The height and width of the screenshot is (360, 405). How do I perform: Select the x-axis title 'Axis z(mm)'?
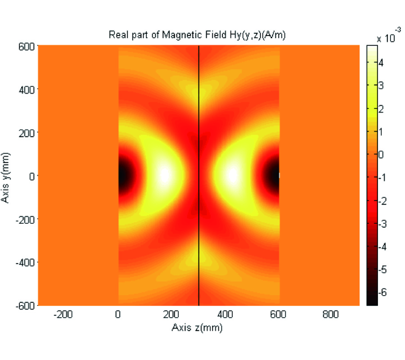click(x=197, y=328)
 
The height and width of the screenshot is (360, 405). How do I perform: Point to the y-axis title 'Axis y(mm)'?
click(x=6, y=176)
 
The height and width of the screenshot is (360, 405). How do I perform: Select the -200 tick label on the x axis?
click(x=63, y=316)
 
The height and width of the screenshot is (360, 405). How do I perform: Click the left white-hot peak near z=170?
click(x=164, y=175)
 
